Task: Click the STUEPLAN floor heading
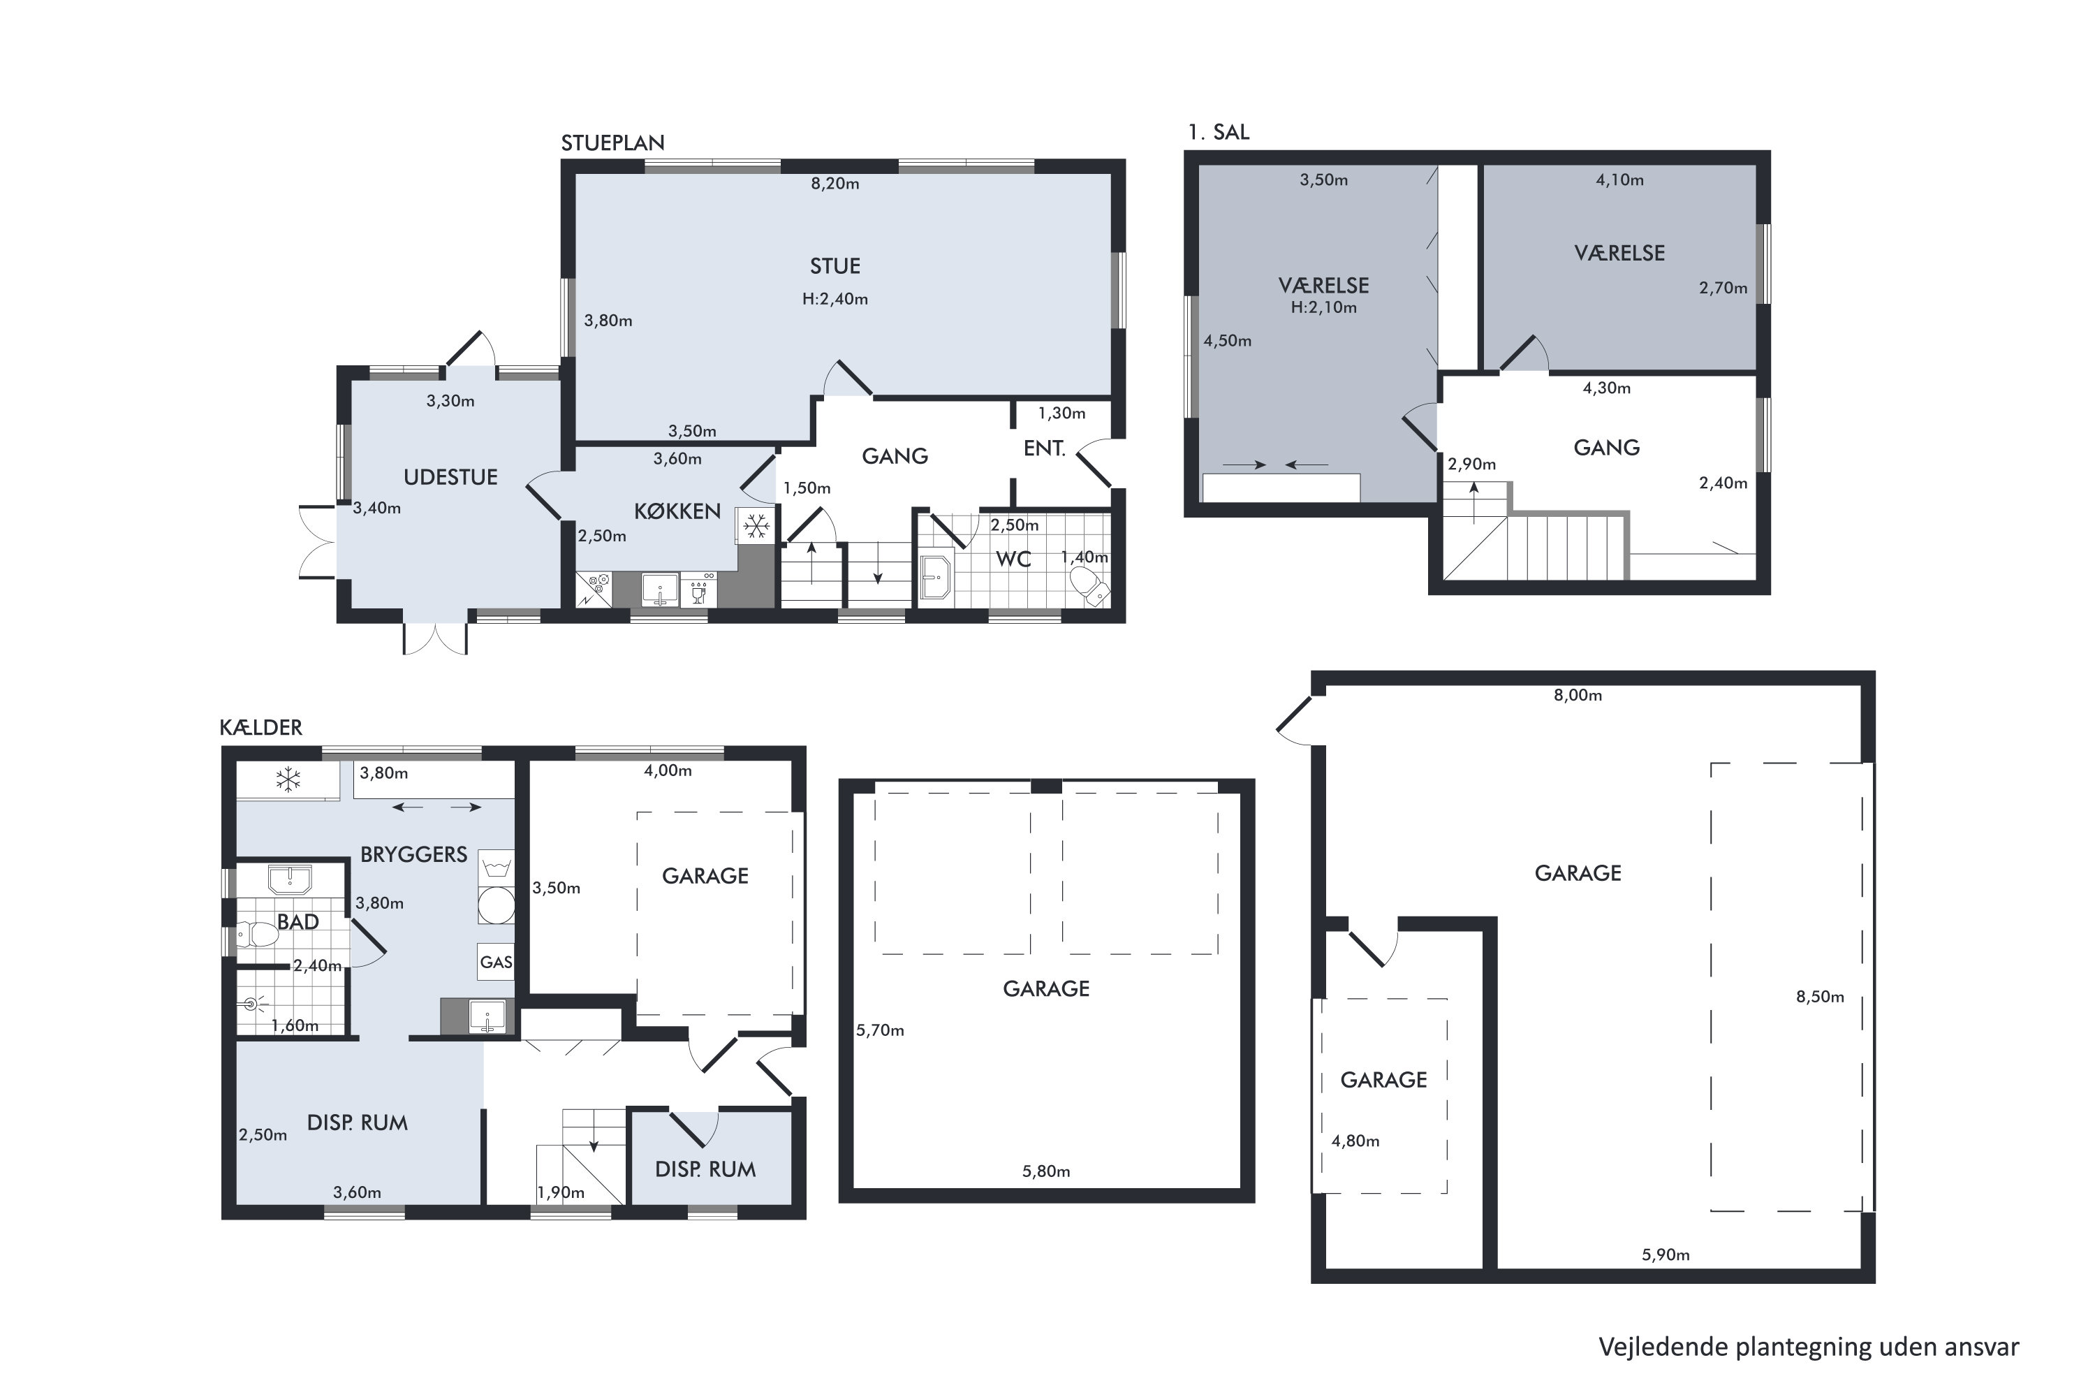click(613, 142)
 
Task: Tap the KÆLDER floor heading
click(261, 727)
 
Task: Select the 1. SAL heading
click(1219, 132)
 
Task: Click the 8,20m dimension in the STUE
click(835, 184)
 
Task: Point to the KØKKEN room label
click(677, 511)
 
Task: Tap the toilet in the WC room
click(1089, 586)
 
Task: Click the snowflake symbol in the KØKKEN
click(756, 527)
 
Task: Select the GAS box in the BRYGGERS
click(496, 963)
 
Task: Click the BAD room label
click(297, 922)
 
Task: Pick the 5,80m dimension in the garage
click(1045, 1171)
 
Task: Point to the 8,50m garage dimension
click(1820, 996)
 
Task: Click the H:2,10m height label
click(1323, 307)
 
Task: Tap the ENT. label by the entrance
click(1044, 448)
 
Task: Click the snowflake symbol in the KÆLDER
click(288, 780)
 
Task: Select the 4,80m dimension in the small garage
click(1355, 1141)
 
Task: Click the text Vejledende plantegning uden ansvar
click(1808, 1346)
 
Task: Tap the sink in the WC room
click(935, 578)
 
